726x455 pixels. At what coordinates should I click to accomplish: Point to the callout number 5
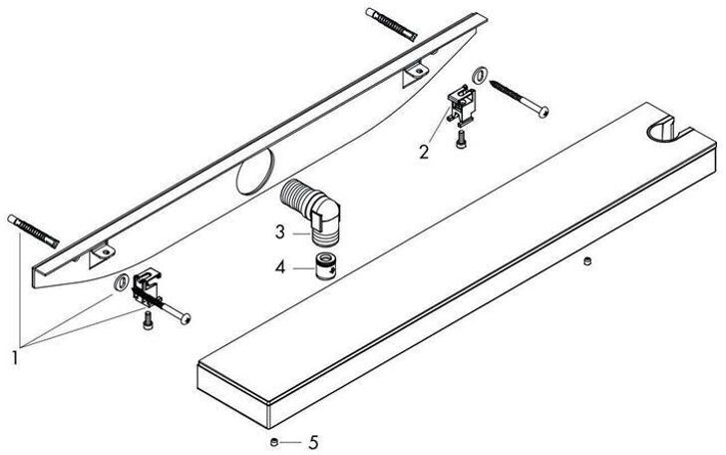pos(314,440)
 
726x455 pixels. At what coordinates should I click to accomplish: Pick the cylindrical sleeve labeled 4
pos(326,268)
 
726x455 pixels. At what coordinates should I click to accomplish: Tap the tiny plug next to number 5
pos(272,439)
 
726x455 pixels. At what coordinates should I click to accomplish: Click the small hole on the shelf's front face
pos(587,260)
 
